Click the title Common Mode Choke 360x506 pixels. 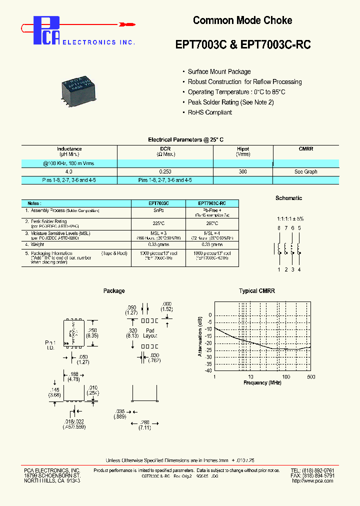tap(242, 20)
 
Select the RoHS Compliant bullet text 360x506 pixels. tap(209, 112)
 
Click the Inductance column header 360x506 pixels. tap(69, 149)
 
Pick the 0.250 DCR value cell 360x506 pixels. tap(165, 171)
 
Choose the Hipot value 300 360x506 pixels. tap(243, 171)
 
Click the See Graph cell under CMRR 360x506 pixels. tap(305, 171)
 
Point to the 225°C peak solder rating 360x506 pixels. tap(158, 223)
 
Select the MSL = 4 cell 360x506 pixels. tap(211, 233)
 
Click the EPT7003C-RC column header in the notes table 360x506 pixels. tap(211, 203)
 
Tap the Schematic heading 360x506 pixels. tap(288, 198)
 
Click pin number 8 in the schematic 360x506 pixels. tap(278, 228)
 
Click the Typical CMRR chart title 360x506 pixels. tap(256, 291)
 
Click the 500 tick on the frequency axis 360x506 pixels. tap(311, 376)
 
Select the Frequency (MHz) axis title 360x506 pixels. tap(263, 382)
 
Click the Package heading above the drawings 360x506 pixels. tap(114, 291)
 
